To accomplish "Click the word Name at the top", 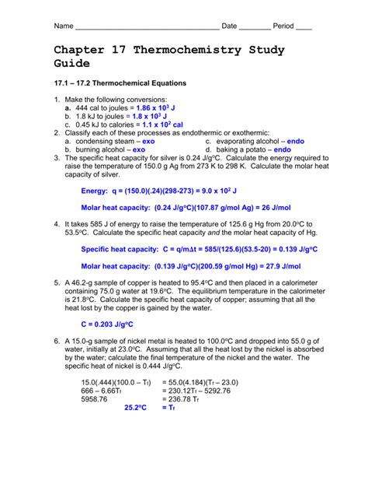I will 63,26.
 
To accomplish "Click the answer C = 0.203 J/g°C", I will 107,324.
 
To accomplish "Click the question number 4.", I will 57,224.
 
